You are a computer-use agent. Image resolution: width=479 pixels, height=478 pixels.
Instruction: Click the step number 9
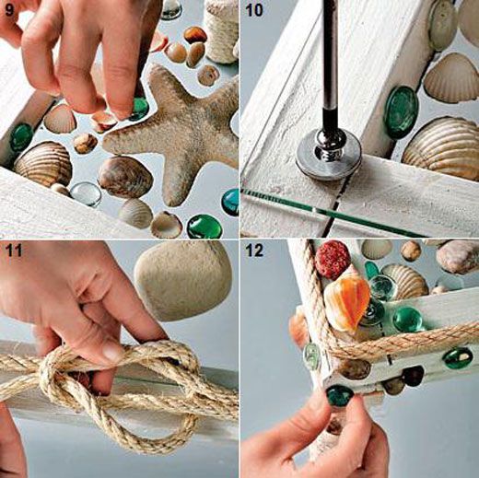[8, 11]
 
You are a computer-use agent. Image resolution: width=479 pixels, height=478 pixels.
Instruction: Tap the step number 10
[254, 11]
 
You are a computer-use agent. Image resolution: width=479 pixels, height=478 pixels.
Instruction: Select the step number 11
[14, 251]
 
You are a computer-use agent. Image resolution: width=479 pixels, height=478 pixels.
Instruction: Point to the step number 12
[254, 251]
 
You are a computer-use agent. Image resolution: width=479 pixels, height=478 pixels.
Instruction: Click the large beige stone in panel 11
[183, 280]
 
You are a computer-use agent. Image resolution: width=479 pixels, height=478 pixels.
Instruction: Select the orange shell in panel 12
[348, 302]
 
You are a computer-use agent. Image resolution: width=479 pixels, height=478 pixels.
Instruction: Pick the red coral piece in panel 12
[333, 260]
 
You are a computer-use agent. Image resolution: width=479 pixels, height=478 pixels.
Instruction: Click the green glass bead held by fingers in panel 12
[340, 396]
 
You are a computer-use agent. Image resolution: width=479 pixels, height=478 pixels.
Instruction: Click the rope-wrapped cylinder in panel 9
[222, 30]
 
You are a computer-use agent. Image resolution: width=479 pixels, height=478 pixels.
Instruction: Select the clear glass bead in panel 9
[86, 193]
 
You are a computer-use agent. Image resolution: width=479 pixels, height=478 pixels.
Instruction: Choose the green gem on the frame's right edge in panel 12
[459, 357]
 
